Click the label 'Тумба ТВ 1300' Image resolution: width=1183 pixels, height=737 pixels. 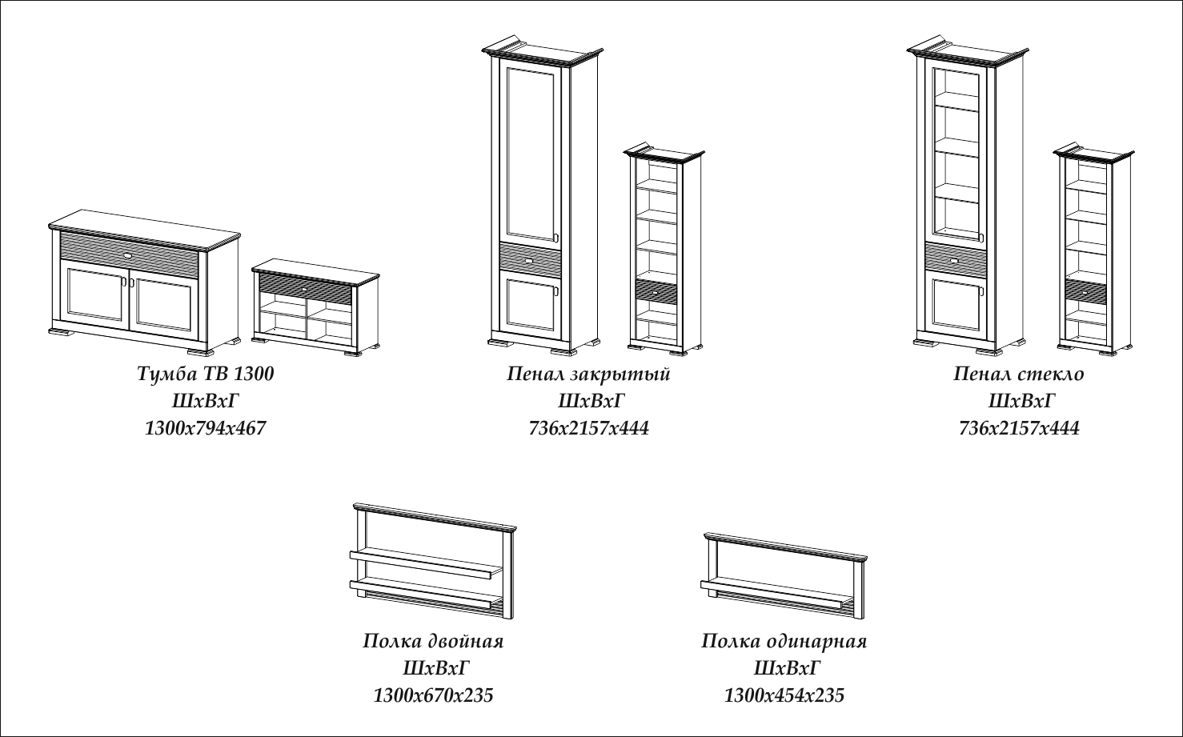click(206, 374)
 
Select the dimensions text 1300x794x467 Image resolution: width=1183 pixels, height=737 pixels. click(205, 428)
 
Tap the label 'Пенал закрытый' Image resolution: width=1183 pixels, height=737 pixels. click(588, 374)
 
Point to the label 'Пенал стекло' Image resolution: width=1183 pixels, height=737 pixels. click(1019, 374)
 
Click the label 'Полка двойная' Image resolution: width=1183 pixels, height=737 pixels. click(433, 641)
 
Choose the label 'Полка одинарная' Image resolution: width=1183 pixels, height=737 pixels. click(784, 641)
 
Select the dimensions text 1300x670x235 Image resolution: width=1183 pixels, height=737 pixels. click(433, 695)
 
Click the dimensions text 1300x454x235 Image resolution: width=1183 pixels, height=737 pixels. click(784, 695)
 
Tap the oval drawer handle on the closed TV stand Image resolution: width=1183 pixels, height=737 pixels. click(130, 254)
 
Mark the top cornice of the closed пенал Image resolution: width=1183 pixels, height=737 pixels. click(541, 53)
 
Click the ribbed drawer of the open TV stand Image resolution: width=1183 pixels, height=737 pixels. click(304, 286)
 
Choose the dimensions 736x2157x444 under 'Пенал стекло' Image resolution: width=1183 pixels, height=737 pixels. click(1019, 428)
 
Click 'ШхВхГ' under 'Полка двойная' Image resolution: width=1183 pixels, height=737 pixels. click(433, 667)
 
